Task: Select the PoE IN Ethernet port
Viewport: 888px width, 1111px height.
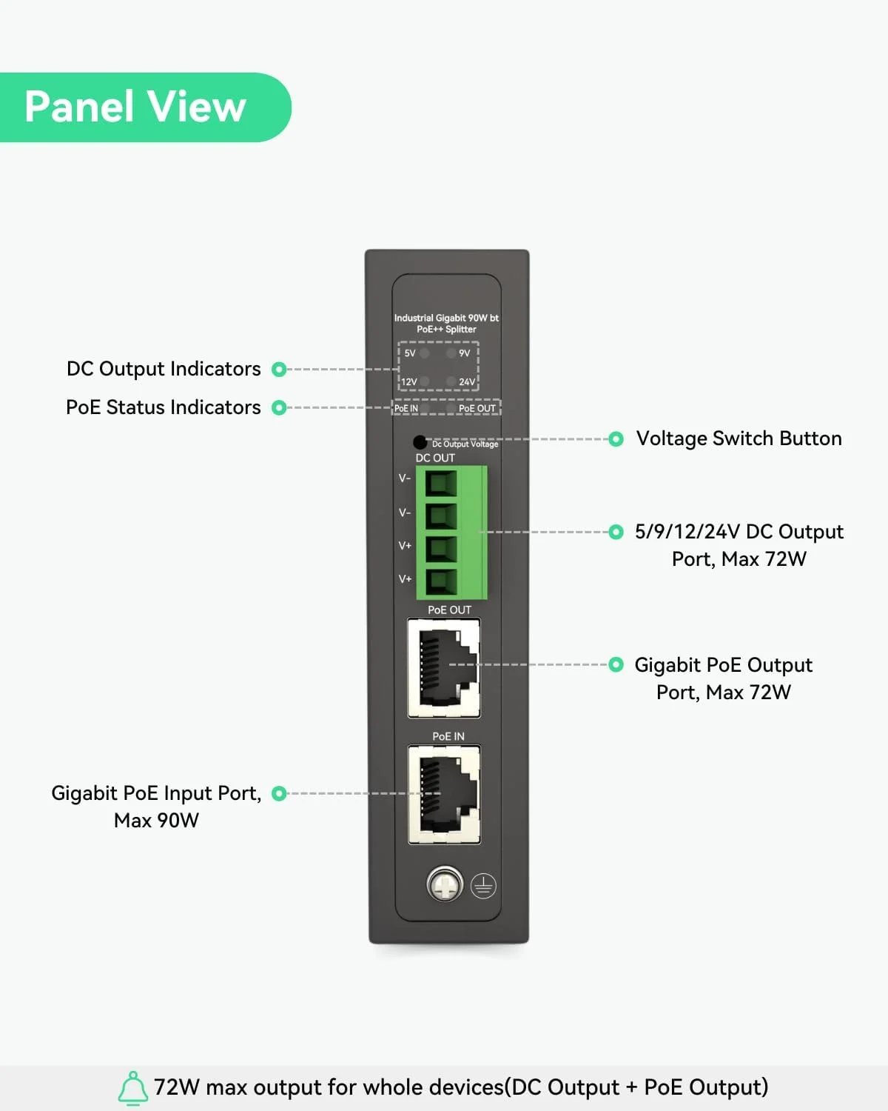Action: coord(444,795)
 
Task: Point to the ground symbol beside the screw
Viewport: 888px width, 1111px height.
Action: coord(483,886)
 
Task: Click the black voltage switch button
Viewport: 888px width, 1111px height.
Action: coord(420,442)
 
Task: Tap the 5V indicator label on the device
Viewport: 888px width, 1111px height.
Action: coord(410,353)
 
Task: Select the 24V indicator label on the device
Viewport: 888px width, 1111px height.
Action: coord(467,382)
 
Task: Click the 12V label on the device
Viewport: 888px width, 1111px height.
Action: coord(409,382)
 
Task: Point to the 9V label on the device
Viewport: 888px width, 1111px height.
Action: coord(465,353)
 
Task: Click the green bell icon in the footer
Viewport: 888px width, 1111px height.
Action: coord(133,1087)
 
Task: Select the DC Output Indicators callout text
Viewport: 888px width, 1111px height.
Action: coord(164,369)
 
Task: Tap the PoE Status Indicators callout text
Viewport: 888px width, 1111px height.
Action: coord(164,407)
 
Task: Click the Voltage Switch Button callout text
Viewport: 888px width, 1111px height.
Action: coord(739,438)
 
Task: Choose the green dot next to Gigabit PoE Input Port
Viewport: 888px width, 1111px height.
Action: coord(279,793)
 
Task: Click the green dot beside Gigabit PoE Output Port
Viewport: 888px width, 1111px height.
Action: coord(616,664)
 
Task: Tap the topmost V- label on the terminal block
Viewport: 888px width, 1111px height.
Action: coord(405,478)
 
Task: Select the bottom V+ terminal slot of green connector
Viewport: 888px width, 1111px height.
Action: coord(440,580)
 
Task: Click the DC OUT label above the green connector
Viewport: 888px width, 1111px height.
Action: coord(435,458)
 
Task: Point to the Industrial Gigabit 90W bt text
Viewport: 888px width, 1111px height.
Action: coord(446,318)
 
